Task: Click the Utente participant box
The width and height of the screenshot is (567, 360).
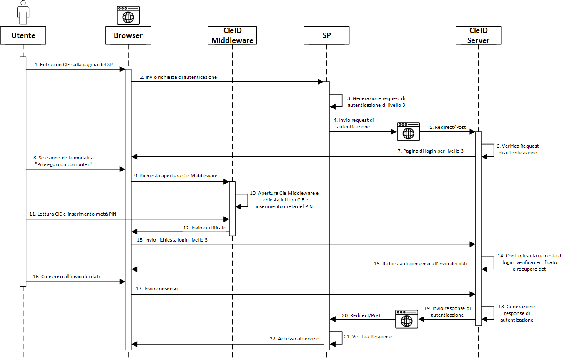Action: coord(23,35)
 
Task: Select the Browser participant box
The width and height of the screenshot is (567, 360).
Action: coord(128,35)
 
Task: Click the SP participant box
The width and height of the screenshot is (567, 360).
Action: coord(326,35)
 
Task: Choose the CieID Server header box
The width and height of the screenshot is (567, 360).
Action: coord(479,35)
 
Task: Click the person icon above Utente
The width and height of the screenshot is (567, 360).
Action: coord(23,13)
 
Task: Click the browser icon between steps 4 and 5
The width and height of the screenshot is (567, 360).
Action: coord(408,131)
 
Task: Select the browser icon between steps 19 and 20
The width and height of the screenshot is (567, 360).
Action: coord(406,319)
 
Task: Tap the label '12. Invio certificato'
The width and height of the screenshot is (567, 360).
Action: coord(205,228)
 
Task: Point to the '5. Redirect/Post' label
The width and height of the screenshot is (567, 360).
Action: coord(448,127)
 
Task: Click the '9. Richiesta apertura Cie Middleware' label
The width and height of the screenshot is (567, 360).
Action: coord(176,176)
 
